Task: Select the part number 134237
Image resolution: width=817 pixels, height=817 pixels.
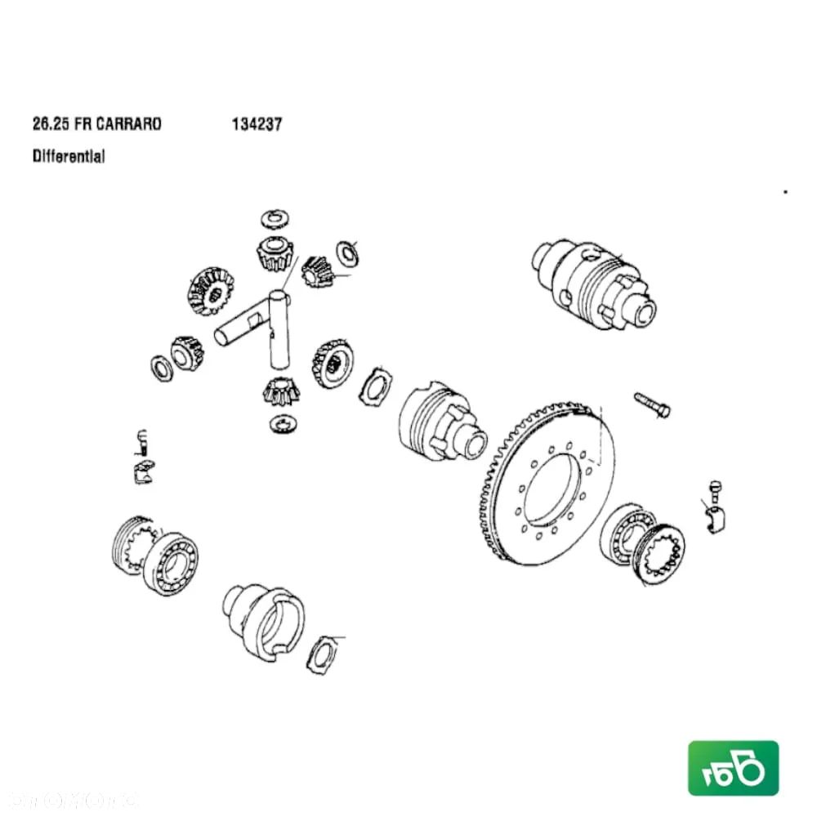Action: coord(257,124)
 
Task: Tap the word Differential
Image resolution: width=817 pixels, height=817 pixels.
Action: coord(69,155)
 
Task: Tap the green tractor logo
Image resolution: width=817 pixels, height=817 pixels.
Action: coord(733,768)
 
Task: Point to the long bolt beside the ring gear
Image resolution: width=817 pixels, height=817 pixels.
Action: coord(651,404)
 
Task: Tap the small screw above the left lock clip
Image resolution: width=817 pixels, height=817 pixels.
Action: coord(140,442)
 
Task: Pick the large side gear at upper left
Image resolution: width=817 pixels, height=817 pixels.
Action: coord(210,291)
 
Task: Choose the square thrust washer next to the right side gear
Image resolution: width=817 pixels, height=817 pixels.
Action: coord(376,386)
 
